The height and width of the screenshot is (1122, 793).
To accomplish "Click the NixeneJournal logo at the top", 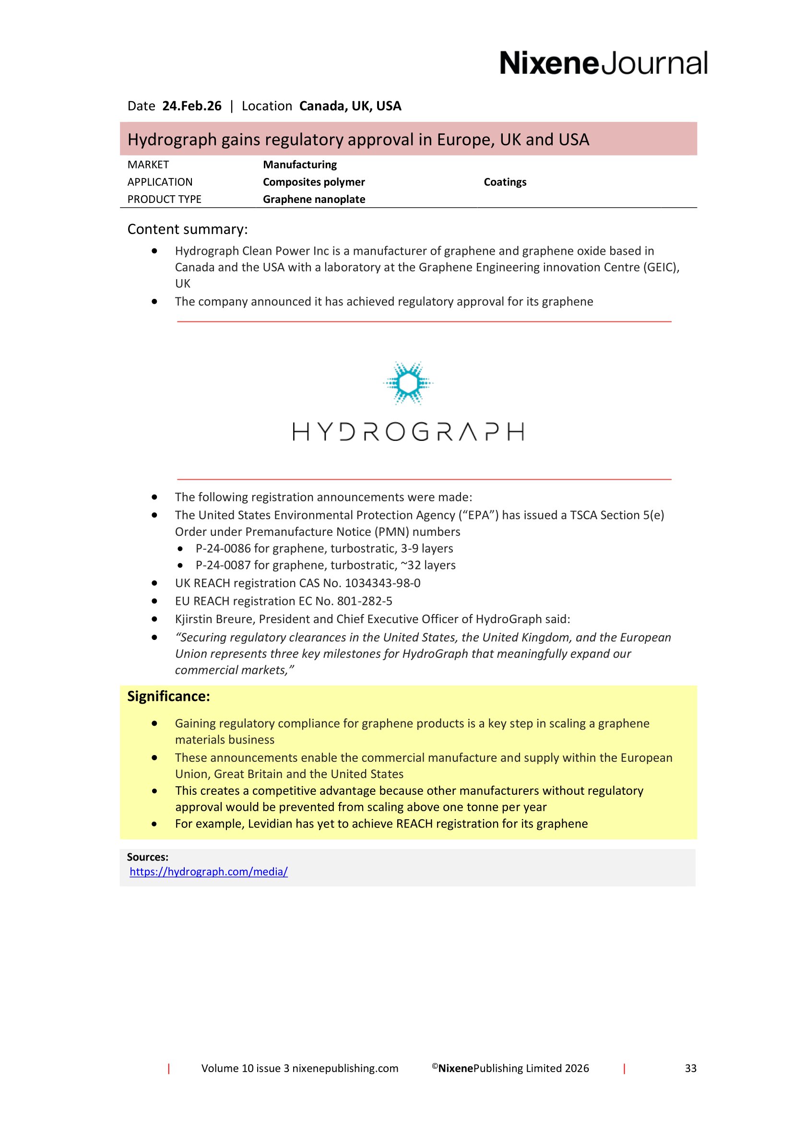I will [603, 63].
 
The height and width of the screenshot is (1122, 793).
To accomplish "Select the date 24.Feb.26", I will [191, 106].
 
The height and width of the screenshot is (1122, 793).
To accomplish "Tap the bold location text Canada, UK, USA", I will [350, 106].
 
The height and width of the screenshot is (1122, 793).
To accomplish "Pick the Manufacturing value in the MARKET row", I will [299, 165].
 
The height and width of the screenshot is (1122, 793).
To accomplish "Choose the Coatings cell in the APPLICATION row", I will [505, 182].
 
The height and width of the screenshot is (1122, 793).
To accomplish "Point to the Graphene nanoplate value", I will [314, 199].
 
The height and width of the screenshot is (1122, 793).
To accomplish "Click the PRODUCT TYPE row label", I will [164, 199].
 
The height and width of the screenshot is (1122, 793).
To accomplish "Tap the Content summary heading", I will [187, 229].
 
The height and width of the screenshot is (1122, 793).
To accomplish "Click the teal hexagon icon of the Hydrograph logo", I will [407, 383].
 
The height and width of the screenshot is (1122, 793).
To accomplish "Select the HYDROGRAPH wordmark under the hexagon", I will [408, 432].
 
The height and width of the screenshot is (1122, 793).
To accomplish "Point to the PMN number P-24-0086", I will [223, 548].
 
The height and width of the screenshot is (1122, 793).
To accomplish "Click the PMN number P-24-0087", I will [223, 565].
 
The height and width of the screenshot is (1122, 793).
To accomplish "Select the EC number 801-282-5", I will [365, 601].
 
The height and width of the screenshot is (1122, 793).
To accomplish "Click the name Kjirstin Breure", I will [215, 619].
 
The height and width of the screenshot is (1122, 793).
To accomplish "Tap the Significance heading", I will [168, 697].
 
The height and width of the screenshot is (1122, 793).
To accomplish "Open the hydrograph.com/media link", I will [209, 871].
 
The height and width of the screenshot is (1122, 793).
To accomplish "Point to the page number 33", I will [690, 1068].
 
